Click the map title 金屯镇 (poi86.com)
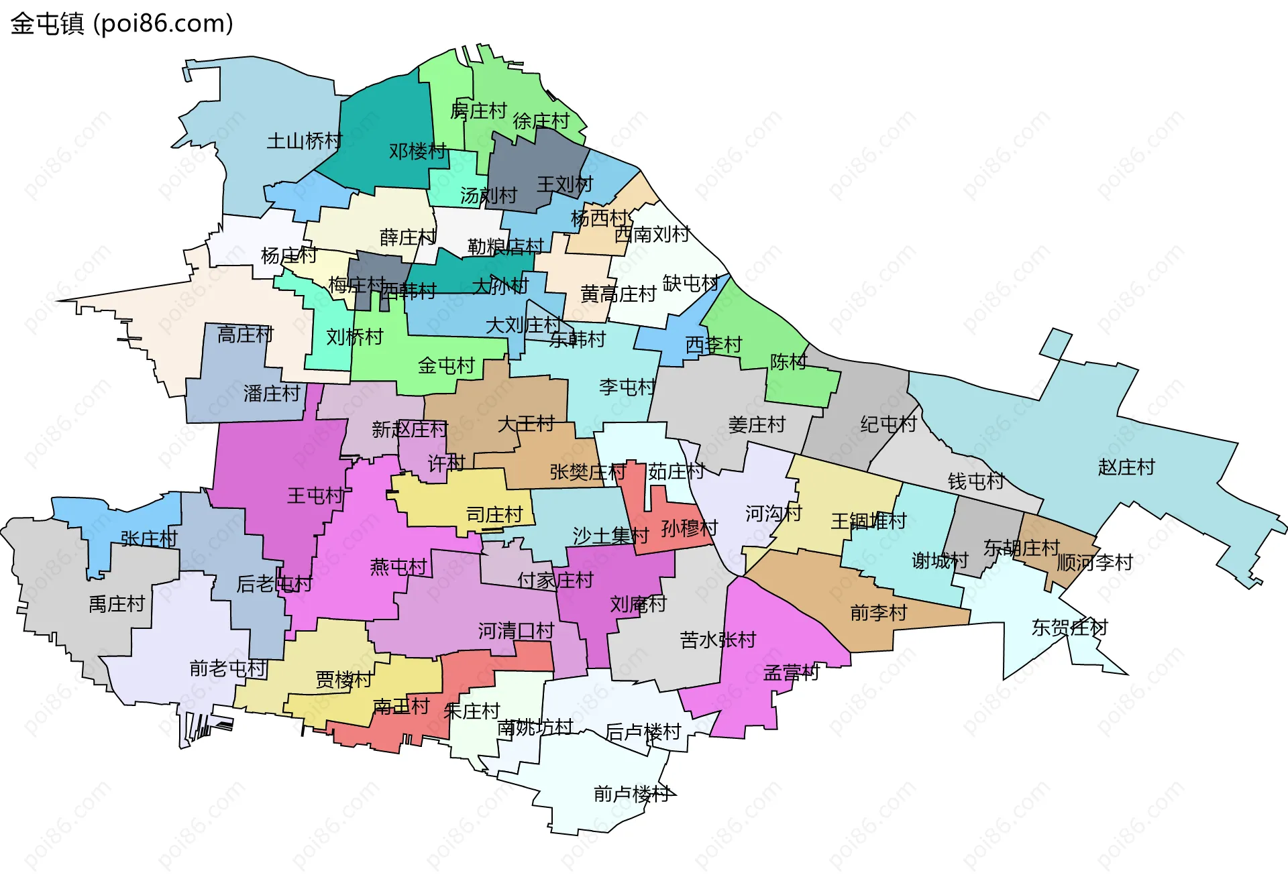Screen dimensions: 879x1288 121,23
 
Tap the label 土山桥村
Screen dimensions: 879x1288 305,141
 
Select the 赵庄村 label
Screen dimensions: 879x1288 1126,467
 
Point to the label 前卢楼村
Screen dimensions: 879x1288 632,794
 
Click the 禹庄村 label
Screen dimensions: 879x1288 117,604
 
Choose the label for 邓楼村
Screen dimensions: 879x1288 417,151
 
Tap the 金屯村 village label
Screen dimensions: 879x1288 446,365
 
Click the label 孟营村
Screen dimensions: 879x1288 792,672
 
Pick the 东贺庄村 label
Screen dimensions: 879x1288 1069,628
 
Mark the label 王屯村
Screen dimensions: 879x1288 315,495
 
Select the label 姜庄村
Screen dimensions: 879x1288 757,424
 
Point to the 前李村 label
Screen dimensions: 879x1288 878,612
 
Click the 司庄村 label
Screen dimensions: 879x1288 494,514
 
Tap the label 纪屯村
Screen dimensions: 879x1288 888,424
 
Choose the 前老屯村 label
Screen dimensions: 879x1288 228,668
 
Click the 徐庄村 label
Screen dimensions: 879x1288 541,121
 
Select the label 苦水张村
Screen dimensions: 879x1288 718,640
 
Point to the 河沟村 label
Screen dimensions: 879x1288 773,514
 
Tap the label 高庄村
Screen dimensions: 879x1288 246,334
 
